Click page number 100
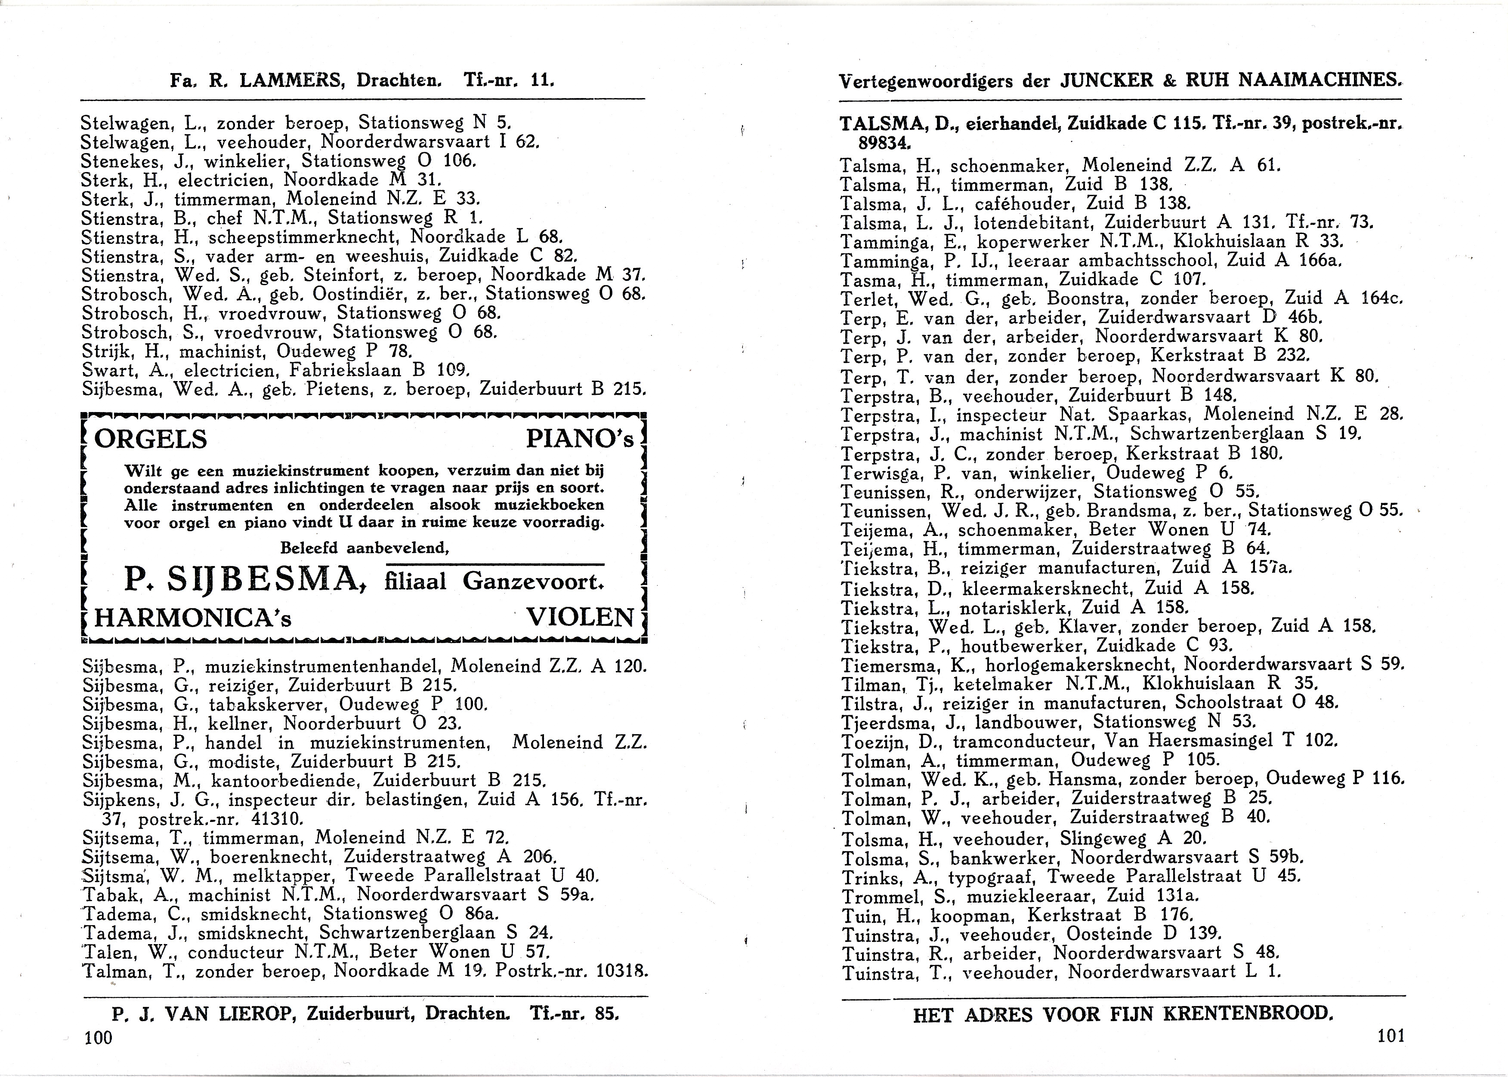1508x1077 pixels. (99, 1037)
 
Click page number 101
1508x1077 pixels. (1391, 1035)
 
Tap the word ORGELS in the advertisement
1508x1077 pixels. (151, 439)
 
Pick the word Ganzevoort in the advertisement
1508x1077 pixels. (533, 582)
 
